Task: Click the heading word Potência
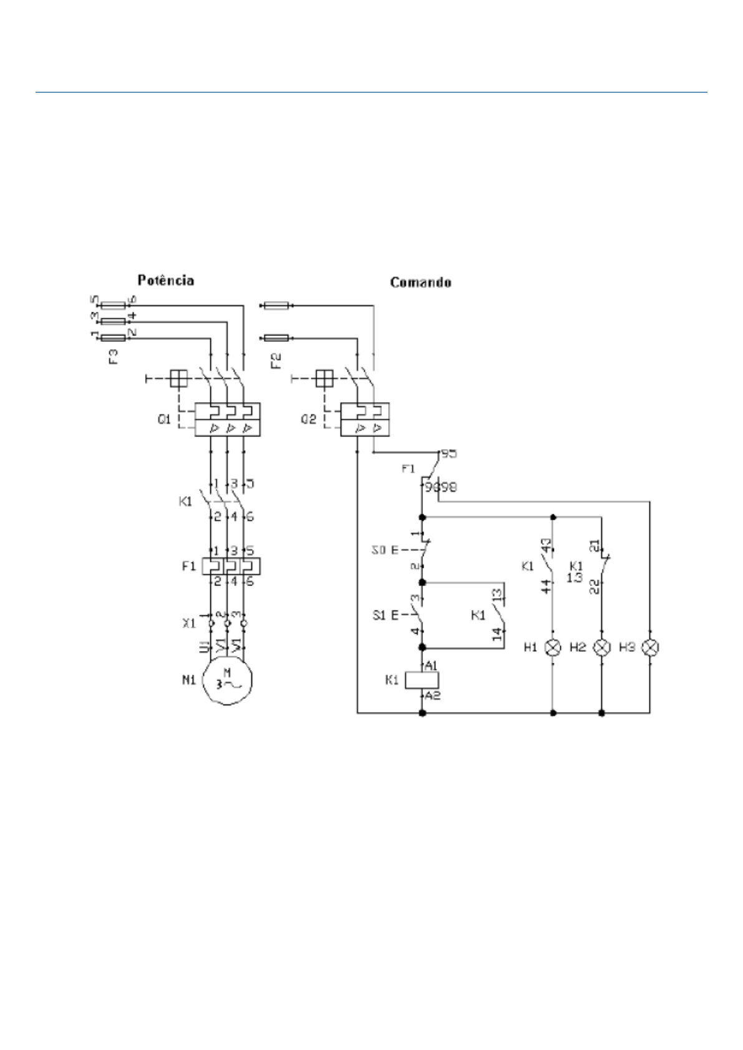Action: point(165,281)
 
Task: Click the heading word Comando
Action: point(420,282)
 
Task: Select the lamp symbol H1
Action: point(553,648)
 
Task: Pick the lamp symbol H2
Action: point(601,648)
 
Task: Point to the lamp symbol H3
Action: point(650,648)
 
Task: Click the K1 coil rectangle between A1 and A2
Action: point(422,680)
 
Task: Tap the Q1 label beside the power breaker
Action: point(164,420)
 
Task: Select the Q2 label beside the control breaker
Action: point(308,420)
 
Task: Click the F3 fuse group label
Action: point(114,357)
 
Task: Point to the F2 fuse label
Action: point(276,360)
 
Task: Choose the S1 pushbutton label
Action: point(379,615)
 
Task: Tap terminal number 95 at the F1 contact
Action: point(449,453)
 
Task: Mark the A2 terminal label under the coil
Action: point(432,695)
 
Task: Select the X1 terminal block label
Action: point(188,623)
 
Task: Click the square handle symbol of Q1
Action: point(179,378)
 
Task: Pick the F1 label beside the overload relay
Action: point(188,567)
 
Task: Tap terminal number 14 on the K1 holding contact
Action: point(497,635)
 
